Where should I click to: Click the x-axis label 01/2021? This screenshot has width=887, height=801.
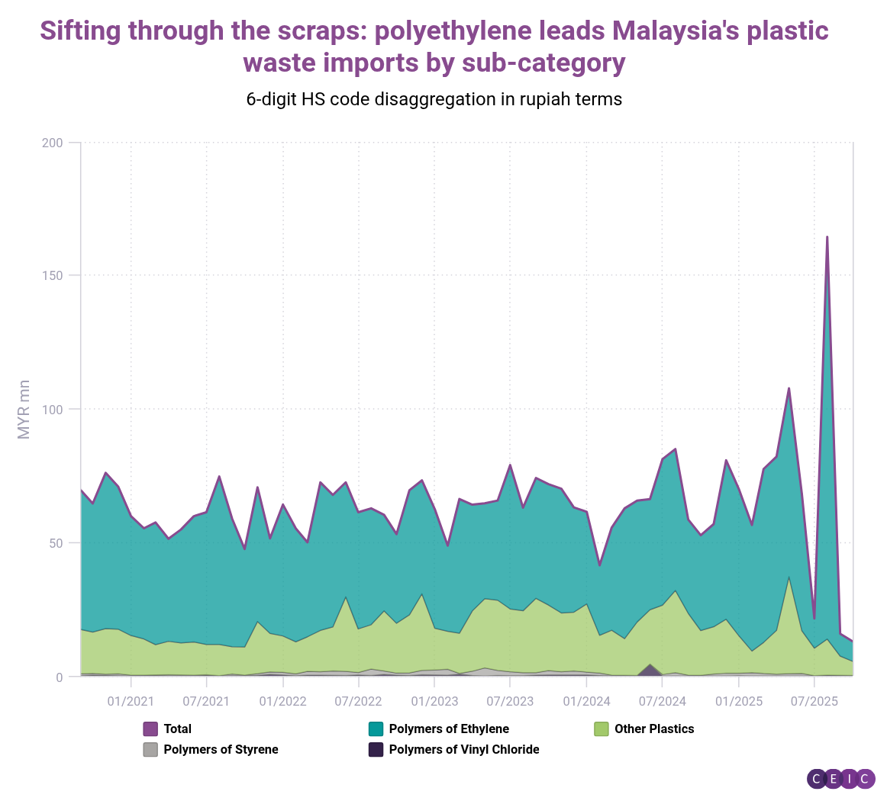coord(131,701)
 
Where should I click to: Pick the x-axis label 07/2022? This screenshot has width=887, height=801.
coord(358,701)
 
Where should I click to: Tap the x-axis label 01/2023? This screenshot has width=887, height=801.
coord(434,701)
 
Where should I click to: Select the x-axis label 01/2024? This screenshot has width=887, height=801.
coord(586,701)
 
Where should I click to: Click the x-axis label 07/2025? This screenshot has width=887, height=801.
coord(814,701)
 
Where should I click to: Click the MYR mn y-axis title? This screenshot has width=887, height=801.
coord(24,409)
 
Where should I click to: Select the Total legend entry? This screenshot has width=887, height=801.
coord(177,729)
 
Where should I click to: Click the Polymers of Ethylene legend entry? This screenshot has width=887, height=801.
coord(448,729)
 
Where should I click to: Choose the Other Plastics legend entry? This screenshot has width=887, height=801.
coord(653,729)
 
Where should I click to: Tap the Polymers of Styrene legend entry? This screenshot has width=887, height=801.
coord(220,749)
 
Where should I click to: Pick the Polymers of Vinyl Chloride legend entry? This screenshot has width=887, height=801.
coord(463,749)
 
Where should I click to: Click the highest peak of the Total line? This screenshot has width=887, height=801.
coord(827,237)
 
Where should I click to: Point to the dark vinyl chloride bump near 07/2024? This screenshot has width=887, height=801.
coord(650,670)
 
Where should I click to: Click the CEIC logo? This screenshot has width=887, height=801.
coord(840,778)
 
